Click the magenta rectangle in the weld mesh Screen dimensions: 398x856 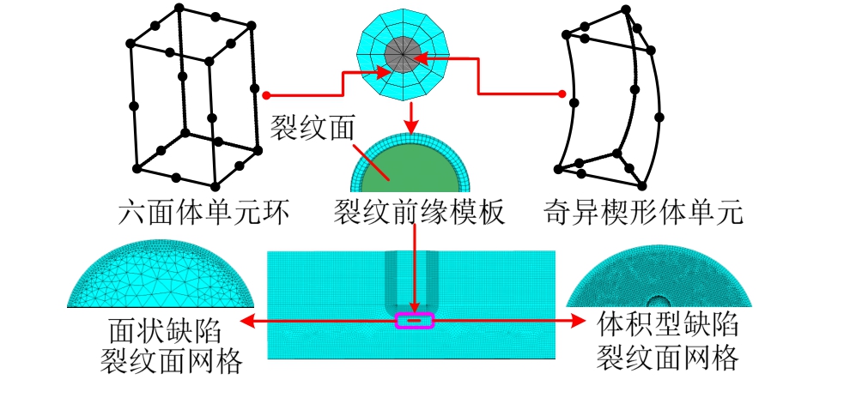(x=415, y=321)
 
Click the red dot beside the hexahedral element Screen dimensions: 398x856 (x=268, y=94)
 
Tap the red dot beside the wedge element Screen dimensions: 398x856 (x=562, y=93)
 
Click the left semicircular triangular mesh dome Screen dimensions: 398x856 (x=161, y=280)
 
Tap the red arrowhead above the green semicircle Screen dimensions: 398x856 (x=414, y=119)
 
